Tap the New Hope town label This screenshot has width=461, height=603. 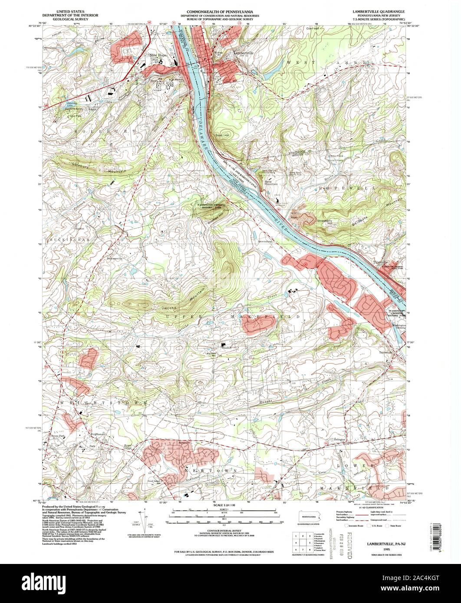click(x=158, y=55)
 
